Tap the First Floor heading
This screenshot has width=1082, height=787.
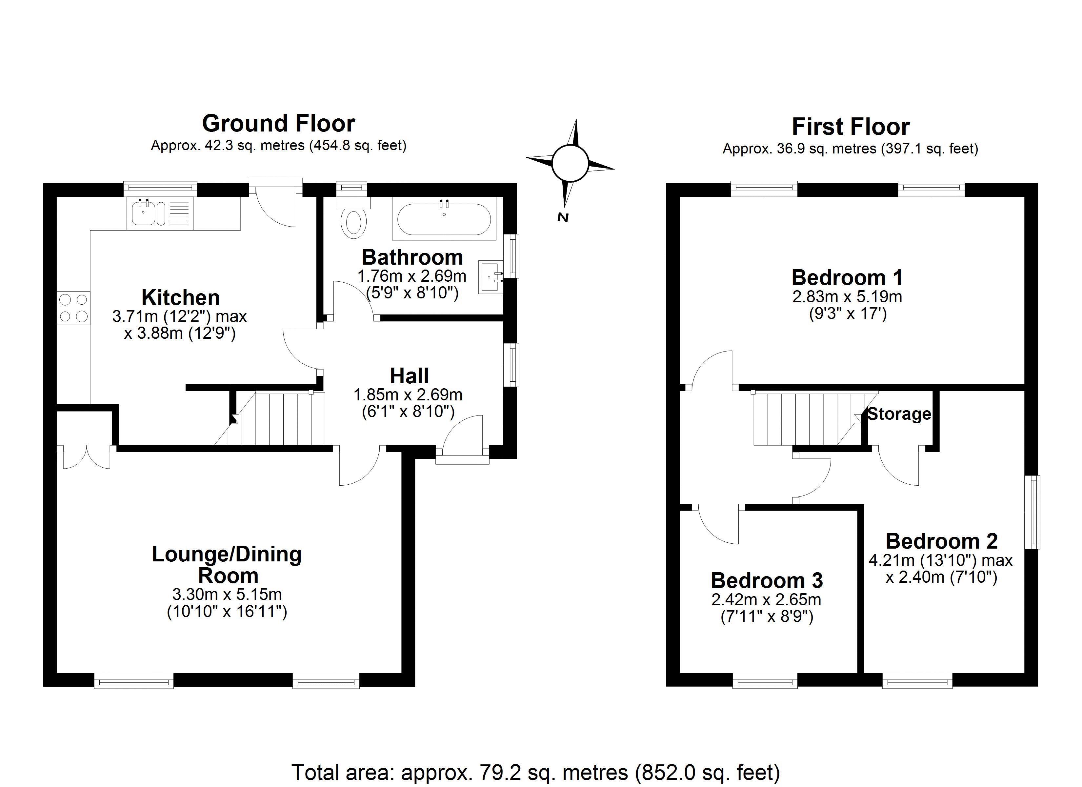pyautogui.click(x=851, y=127)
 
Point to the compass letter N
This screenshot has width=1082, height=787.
pyautogui.click(x=563, y=218)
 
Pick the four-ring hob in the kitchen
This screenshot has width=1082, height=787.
pyautogui.click(x=73, y=308)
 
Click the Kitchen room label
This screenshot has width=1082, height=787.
pyautogui.click(x=180, y=298)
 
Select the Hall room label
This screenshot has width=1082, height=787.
pyautogui.click(x=409, y=375)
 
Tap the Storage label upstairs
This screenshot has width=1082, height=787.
pyautogui.click(x=899, y=414)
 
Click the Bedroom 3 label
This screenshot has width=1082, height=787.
pyautogui.click(x=767, y=580)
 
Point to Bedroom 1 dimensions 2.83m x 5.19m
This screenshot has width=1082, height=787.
pyautogui.click(x=847, y=297)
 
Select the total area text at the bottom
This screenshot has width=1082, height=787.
pyautogui.click(x=535, y=772)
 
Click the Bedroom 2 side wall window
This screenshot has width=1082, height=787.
pyautogui.click(x=1032, y=512)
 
